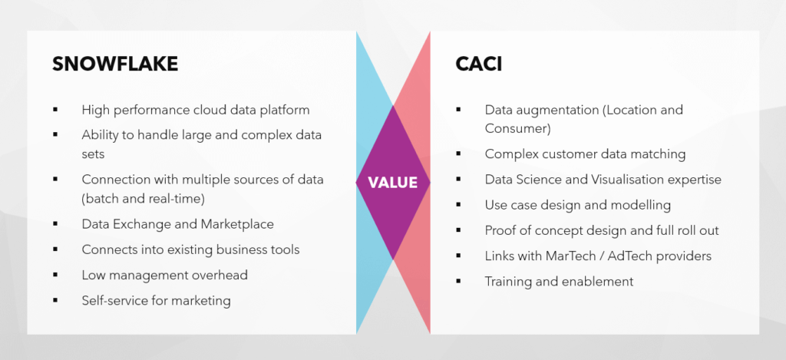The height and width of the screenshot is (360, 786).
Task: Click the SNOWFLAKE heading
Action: tap(115, 64)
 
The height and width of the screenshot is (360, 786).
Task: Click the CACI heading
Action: tap(479, 64)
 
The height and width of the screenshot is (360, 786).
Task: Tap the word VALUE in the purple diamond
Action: tap(392, 183)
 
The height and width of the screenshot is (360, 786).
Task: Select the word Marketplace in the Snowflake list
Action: tap(237, 224)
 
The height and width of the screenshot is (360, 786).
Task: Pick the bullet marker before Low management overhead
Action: tap(55, 275)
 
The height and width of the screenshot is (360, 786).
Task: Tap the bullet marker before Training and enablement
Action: tap(458, 281)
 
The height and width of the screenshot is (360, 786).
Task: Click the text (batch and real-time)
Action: tap(144, 199)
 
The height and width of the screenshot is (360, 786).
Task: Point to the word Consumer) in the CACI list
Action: tap(518, 128)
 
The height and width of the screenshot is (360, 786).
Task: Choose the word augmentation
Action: tap(556, 110)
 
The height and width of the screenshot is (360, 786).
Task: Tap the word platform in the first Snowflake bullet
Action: tap(286, 110)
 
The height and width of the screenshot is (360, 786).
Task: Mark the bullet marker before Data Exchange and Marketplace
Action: tap(55, 224)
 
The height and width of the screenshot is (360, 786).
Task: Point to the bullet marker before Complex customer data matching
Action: tap(458, 154)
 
